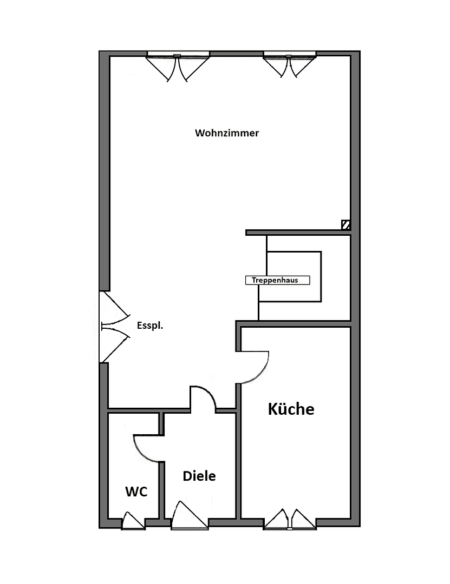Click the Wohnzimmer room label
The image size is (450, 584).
coord(227,133)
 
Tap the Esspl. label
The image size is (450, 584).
coord(150,326)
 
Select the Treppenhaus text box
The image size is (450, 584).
coord(278,280)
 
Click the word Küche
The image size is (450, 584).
coord(291,409)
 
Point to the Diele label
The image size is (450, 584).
coord(199,476)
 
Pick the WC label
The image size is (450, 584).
coord(136,492)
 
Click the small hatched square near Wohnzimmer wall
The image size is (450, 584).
coord(345,224)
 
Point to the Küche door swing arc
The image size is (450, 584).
coord(258,370)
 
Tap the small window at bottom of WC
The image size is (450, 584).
coord(133,521)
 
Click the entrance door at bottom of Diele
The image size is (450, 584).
coord(189,516)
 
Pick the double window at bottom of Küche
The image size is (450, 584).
coord(290,519)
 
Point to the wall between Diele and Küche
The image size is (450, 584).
coord(238,465)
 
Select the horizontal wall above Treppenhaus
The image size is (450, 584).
coord(298,233)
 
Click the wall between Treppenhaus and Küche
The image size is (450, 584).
coord(303,323)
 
